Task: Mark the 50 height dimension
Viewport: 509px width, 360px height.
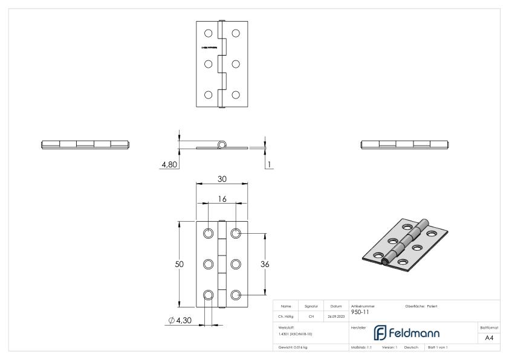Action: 180,264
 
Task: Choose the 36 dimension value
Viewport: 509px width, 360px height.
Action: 264,264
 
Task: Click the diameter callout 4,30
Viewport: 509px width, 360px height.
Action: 181,320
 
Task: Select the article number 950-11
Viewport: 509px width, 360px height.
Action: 360,312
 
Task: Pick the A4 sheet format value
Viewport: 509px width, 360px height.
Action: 489,338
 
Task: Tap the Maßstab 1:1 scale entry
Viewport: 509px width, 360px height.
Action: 361,347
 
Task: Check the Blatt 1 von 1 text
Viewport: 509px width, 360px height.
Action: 438,347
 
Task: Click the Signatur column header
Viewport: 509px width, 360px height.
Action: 311,306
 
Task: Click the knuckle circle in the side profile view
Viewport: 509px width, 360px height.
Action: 222,145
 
